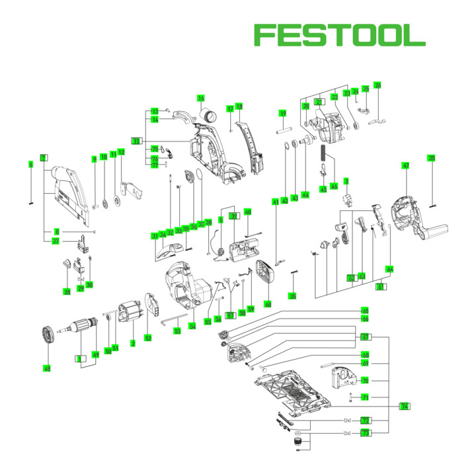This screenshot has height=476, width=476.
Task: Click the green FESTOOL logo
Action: click(x=340, y=35)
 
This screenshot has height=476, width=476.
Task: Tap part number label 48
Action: click(x=47, y=368)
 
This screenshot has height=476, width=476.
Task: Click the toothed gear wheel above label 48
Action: click(x=47, y=335)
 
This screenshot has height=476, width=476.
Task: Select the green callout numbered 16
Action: click(x=201, y=99)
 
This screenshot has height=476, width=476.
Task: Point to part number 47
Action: click(x=406, y=165)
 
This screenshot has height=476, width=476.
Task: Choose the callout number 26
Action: click(x=377, y=85)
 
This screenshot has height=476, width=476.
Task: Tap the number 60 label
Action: click(x=268, y=304)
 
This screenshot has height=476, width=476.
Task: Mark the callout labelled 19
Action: click(x=282, y=113)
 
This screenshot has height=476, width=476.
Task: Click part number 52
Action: click(x=148, y=338)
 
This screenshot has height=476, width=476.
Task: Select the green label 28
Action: click(x=67, y=292)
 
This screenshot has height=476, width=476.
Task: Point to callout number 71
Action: click(x=365, y=397)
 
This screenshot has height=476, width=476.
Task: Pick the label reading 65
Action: click(x=365, y=310)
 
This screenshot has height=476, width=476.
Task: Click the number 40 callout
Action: click(x=248, y=212)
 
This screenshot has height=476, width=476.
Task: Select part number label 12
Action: click(x=122, y=153)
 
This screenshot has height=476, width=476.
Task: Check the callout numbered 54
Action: click(x=192, y=327)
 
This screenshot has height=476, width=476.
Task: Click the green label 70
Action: click(x=365, y=380)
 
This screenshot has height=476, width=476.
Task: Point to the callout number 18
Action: click(x=239, y=106)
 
